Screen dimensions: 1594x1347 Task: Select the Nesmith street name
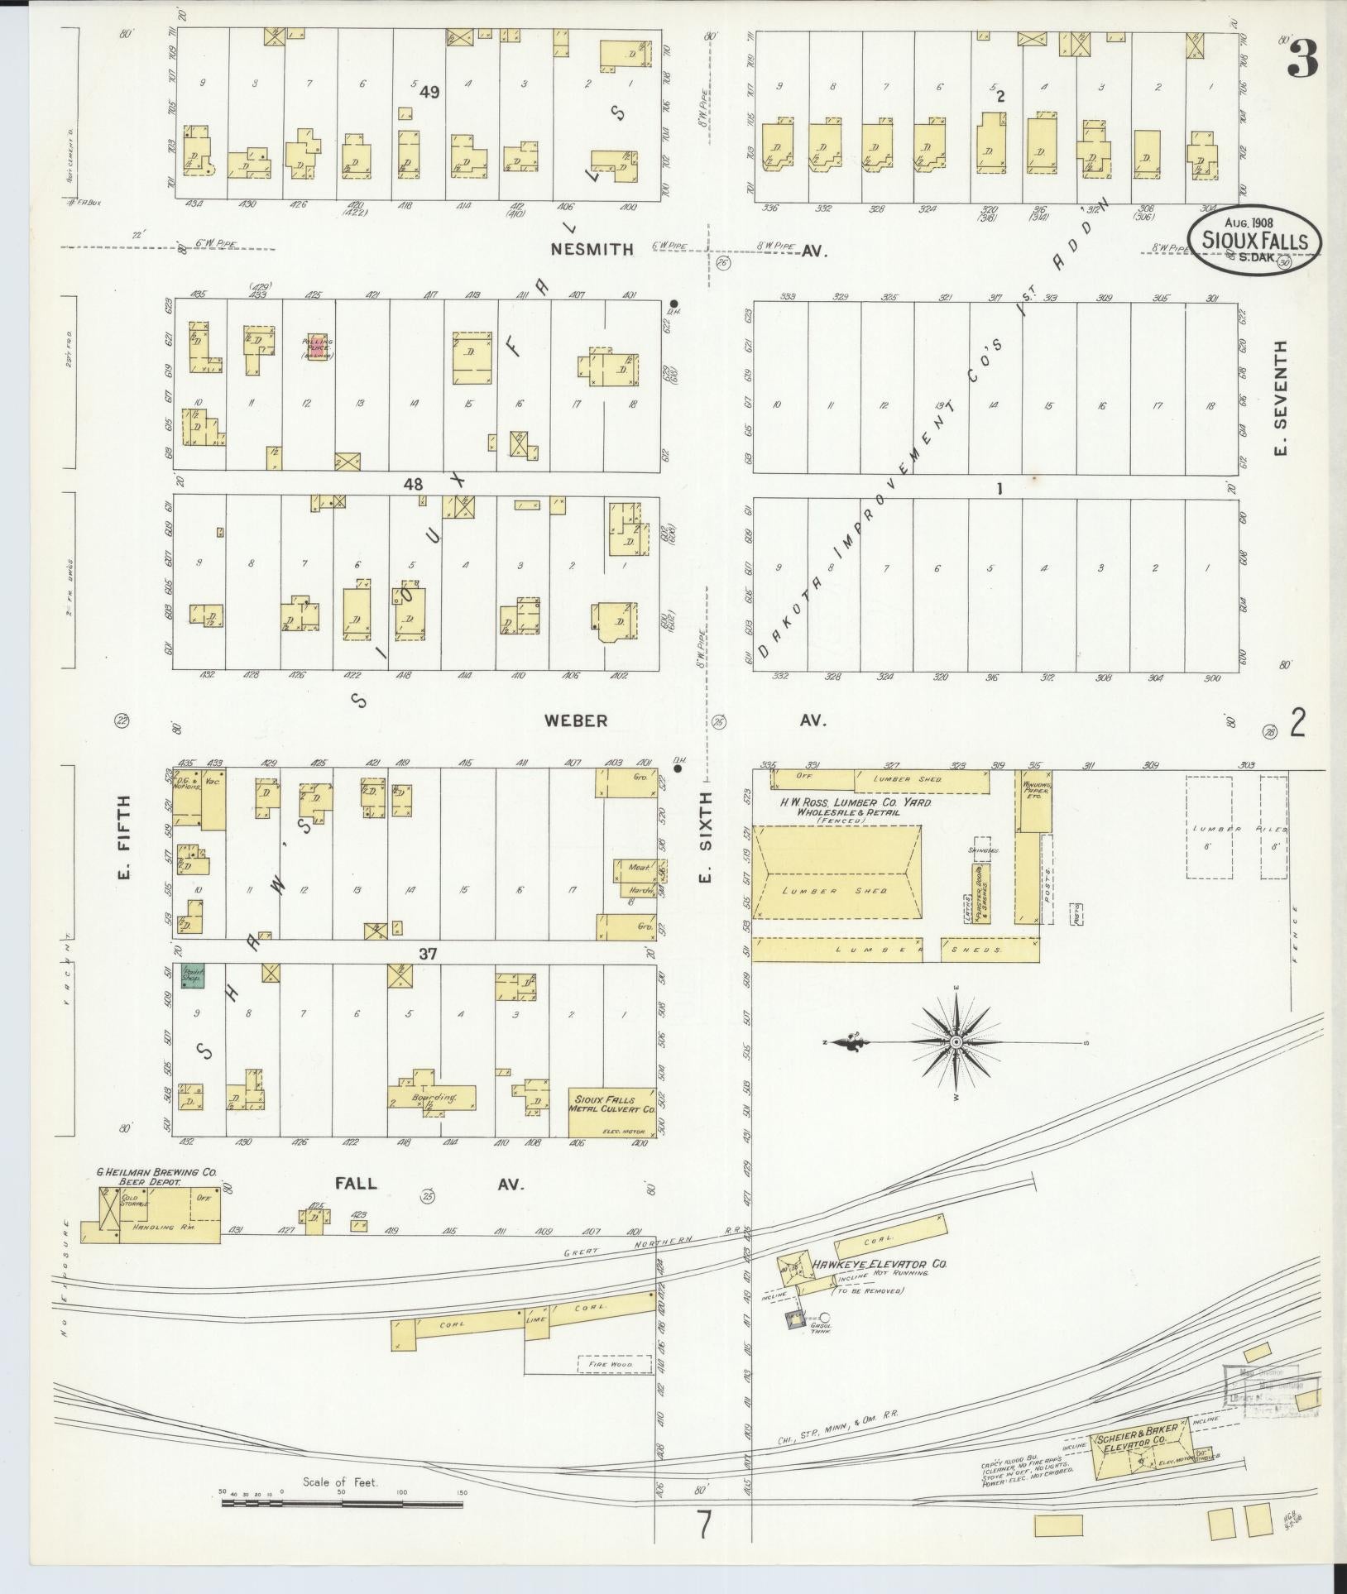(596, 249)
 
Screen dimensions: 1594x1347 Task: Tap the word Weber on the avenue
(575, 720)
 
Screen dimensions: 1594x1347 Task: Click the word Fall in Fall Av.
(356, 1184)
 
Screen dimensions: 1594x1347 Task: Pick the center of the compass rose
(956, 1041)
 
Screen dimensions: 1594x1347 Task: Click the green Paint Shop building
(194, 977)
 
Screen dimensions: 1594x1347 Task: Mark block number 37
(427, 955)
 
